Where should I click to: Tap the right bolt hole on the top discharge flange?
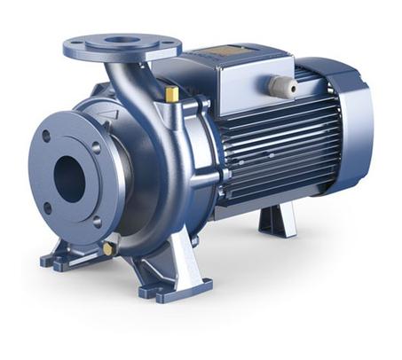[x=165, y=49]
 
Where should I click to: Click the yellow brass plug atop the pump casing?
[x=171, y=93]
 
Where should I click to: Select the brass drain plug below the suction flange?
[x=108, y=249]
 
